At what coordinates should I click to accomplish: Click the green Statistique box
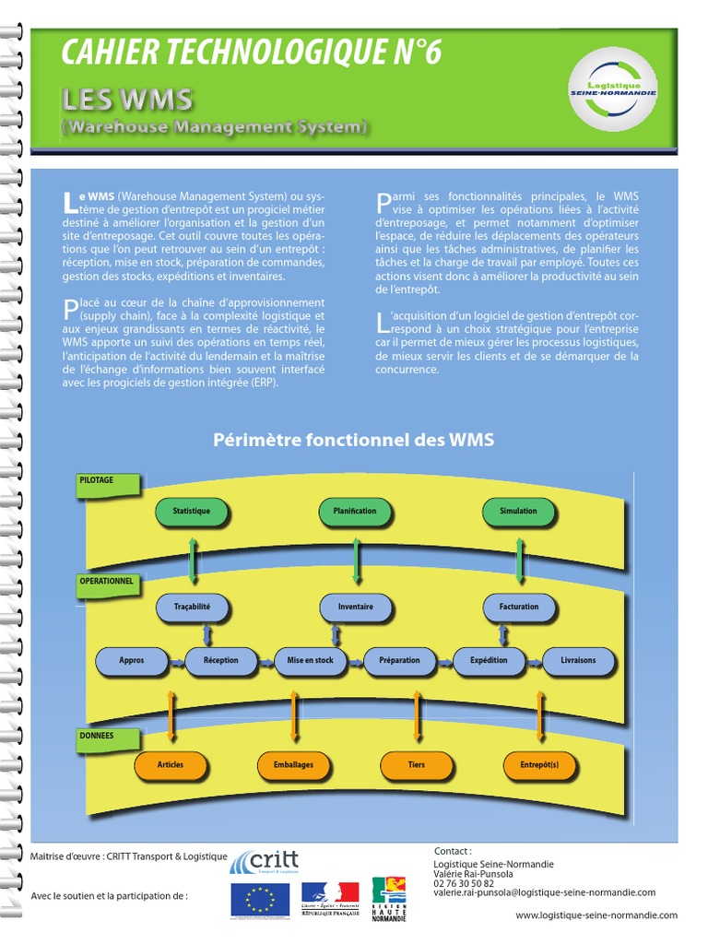[192, 512]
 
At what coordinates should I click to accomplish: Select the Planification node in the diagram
[355, 512]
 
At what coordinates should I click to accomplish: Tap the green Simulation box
[518, 512]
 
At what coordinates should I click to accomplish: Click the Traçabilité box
[192, 607]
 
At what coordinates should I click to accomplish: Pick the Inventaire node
[355, 607]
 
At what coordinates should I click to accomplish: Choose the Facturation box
[519, 607]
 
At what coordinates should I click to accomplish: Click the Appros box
[132, 660]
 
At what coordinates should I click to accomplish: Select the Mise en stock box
[311, 660]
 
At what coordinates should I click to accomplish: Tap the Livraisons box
[578, 660]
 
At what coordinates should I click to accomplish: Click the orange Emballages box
[293, 765]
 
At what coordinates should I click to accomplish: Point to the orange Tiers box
[417, 765]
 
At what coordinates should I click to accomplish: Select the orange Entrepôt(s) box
[539, 765]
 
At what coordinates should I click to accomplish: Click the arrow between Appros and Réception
[176, 661]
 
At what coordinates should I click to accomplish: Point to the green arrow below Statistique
[192, 558]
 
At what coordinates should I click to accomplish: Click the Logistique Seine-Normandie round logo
[612, 89]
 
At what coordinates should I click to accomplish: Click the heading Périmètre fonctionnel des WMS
[354, 441]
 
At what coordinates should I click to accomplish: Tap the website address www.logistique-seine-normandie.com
[596, 915]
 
